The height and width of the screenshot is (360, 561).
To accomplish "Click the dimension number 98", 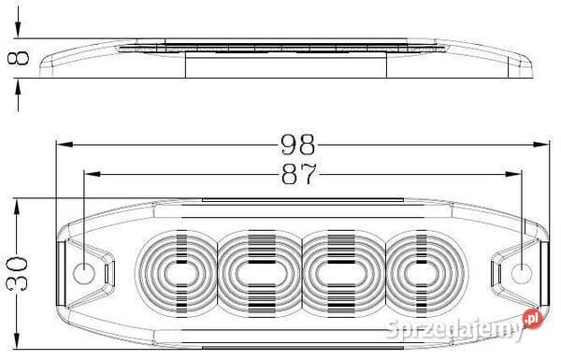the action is (x=297, y=145).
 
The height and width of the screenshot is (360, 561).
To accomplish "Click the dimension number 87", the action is (x=299, y=174).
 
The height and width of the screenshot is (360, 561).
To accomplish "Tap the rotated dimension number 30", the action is (x=17, y=273).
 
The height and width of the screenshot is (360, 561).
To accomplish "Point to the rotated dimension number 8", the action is (x=19, y=58).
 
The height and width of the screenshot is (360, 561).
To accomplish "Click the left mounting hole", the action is (x=84, y=273).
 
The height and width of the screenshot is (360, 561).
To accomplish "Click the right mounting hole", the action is (x=522, y=273).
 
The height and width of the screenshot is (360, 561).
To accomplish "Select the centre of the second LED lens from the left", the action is (x=262, y=274).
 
